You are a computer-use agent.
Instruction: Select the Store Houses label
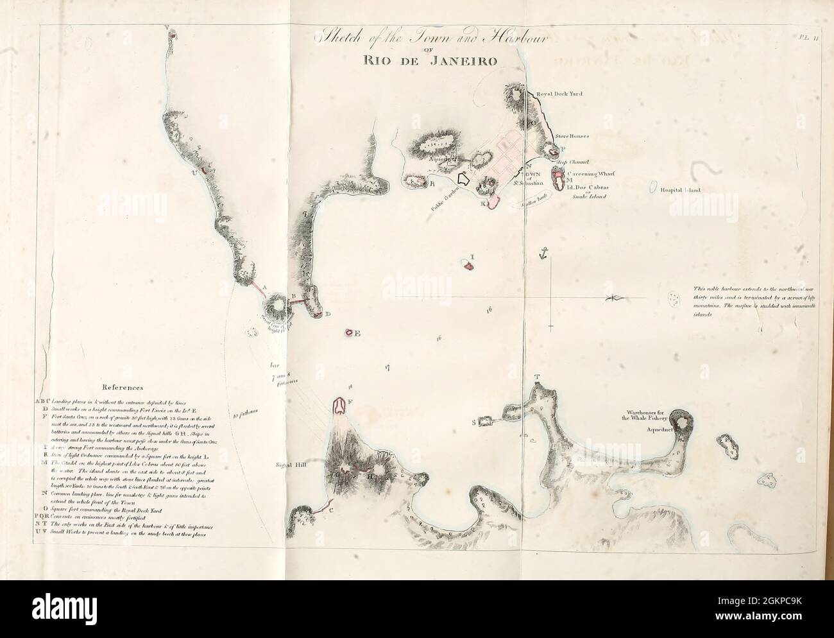coord(572,136)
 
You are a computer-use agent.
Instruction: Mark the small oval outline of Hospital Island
coord(652,190)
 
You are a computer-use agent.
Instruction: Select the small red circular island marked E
coord(349,332)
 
